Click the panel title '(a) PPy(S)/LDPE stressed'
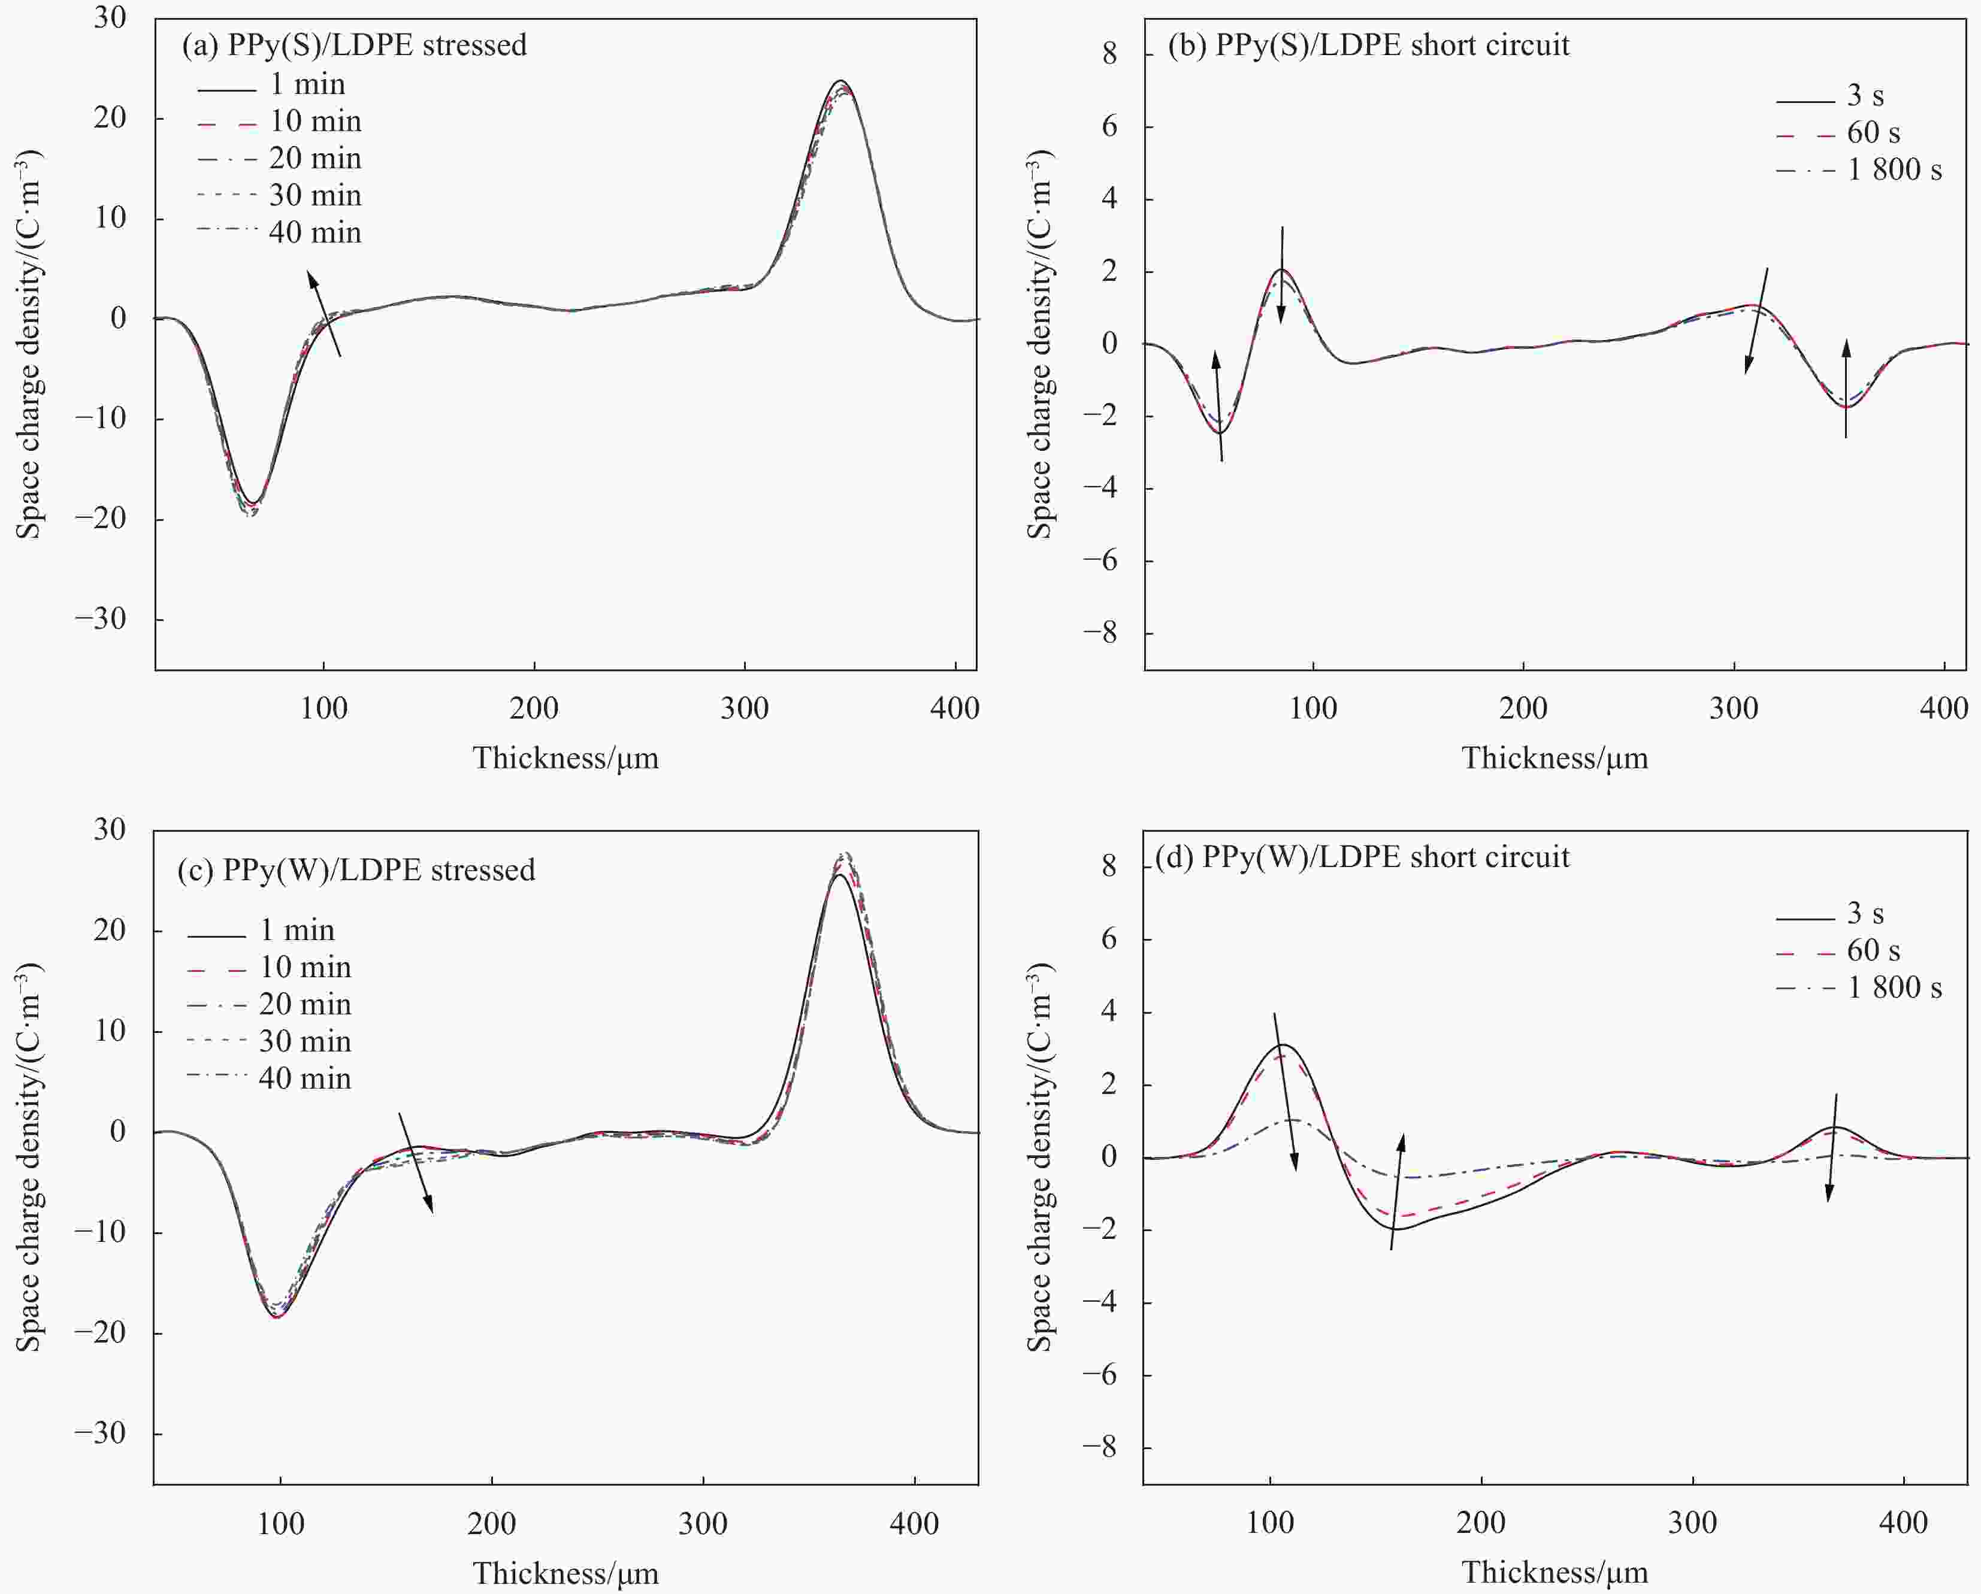pos(354,45)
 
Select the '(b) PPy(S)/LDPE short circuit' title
pos(1368,45)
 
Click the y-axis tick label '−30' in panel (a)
pos(101,619)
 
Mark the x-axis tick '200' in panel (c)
pos(492,1524)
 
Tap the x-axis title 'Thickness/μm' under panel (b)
pos(1554,758)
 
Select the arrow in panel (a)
pos(323,313)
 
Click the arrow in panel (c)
pos(415,1162)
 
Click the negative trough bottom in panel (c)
pos(277,1317)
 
